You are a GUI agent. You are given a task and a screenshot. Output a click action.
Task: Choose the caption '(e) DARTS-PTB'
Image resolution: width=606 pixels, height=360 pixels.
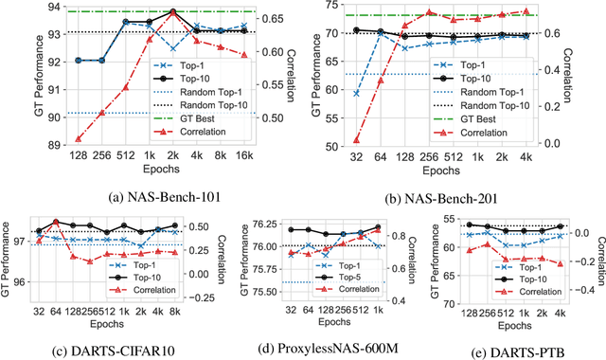point(512,351)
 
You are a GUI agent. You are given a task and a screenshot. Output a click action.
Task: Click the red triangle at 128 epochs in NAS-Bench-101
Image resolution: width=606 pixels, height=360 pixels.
point(77,138)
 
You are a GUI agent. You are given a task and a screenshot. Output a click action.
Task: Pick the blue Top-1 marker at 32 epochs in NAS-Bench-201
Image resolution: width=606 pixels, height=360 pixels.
point(356,93)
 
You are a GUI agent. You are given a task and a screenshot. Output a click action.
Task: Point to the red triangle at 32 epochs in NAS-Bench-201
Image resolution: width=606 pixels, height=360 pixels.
point(356,139)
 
